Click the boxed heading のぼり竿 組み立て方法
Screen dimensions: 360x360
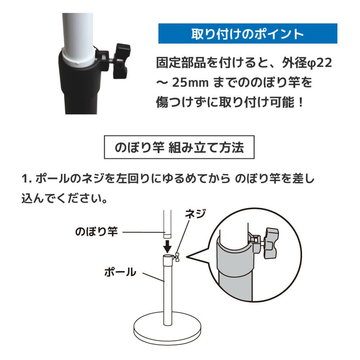click(179, 147)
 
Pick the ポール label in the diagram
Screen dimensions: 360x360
click(120, 272)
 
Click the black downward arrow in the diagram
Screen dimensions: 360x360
click(167, 247)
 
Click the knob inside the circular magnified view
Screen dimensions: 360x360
click(271, 243)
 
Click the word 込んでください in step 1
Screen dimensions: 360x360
click(63, 198)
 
